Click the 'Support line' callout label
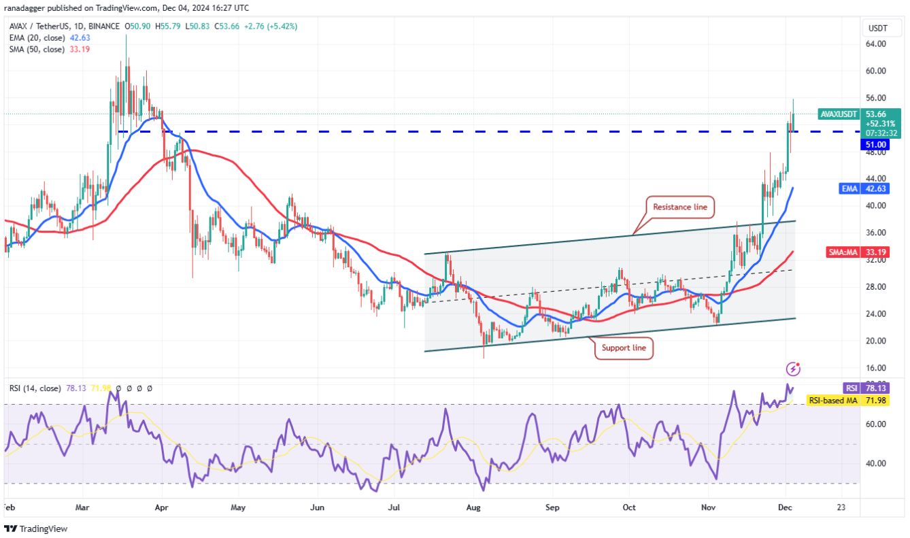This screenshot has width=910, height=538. tap(624, 349)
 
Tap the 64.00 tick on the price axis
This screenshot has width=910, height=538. tap(875, 44)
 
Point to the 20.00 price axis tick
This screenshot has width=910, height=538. tap(875, 341)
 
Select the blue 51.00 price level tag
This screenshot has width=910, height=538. tap(875, 144)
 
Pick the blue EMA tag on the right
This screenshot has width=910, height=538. tap(849, 188)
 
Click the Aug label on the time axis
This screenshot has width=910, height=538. tap(474, 507)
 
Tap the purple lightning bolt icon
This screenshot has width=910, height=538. tap(793, 369)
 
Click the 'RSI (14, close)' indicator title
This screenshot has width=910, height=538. tap(31, 388)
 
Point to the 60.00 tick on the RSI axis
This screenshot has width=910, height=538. tap(875, 424)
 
